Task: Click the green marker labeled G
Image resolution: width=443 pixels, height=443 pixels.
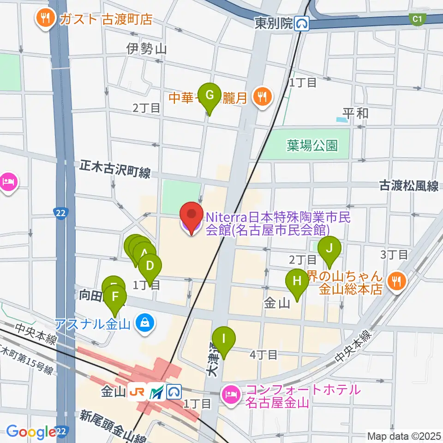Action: pos(210,96)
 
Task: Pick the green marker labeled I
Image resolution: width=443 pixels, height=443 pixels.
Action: pos(224,340)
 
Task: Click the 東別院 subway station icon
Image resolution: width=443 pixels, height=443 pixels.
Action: pos(302,23)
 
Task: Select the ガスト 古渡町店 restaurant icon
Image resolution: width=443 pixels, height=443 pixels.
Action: pos(44,19)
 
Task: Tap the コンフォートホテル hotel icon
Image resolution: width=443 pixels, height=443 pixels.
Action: pos(229,395)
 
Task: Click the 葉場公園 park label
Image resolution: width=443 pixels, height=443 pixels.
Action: pos(312,146)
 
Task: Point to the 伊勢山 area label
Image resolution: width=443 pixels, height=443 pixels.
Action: pos(146,48)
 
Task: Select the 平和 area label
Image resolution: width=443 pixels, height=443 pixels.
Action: pos(355,113)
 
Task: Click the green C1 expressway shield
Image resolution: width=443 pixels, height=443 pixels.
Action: pos(417,18)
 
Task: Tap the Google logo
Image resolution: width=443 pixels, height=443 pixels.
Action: pos(31,432)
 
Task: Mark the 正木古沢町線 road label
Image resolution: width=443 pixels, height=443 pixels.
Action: pos(115,169)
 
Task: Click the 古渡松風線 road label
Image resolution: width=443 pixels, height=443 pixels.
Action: pos(408,186)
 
